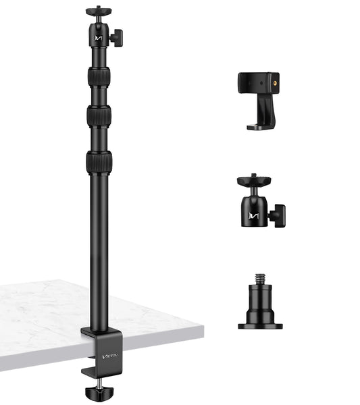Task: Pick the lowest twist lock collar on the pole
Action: (99, 162)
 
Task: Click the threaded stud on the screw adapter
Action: (259, 279)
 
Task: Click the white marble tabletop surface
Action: (41, 317)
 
